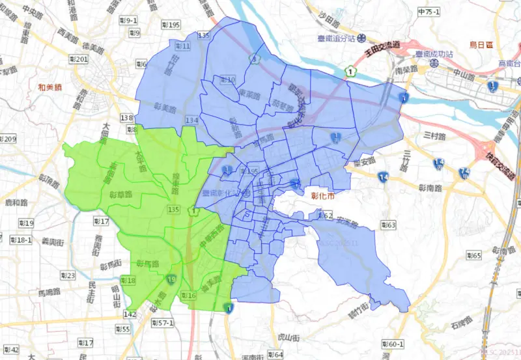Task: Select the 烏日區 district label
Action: (483, 45)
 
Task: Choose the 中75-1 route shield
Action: (430, 12)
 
